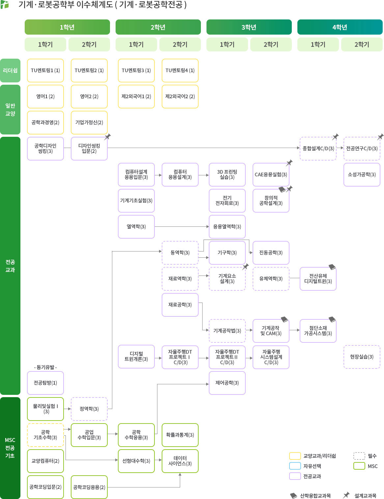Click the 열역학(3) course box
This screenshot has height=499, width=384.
(136, 227)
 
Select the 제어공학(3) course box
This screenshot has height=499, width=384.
(227, 383)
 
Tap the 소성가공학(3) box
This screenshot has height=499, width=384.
(362, 175)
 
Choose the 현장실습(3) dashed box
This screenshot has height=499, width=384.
(362, 357)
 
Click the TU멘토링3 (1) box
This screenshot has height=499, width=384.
(136, 71)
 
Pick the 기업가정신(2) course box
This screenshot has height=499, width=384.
(89, 123)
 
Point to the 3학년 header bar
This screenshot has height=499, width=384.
(249, 27)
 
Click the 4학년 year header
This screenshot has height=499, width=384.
(340, 27)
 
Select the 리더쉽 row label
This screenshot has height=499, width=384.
(10, 71)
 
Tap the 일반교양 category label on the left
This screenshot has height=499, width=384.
(10, 109)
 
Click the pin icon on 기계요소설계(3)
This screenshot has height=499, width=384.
(245, 266)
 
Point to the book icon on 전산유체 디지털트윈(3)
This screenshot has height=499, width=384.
(332, 267)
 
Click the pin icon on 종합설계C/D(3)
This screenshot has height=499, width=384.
(335, 136)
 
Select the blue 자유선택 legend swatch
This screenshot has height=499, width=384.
(295, 466)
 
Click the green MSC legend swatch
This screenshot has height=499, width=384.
(359, 466)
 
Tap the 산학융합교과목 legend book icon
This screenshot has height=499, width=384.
(293, 496)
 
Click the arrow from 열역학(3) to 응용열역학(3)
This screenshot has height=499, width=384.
(181, 227)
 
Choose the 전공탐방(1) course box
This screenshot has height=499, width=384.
(45, 383)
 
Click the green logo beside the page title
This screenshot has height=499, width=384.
(5, 5)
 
